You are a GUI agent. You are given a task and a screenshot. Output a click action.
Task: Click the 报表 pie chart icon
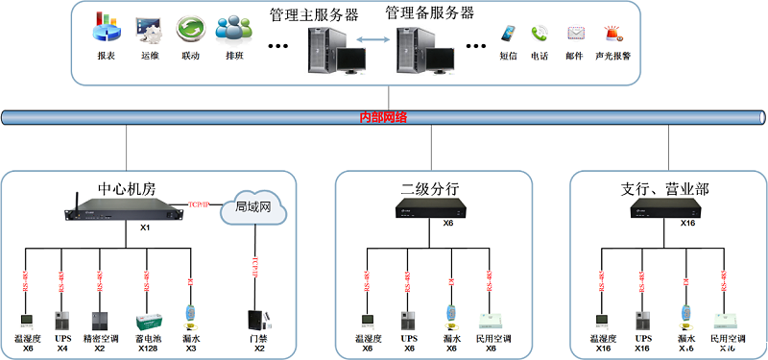[x=107, y=29]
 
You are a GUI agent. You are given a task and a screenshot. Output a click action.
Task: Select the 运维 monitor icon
[x=149, y=29]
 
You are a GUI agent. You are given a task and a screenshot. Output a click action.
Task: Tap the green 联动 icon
[x=190, y=29]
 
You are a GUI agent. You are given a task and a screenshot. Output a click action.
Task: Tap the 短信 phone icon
[x=508, y=34]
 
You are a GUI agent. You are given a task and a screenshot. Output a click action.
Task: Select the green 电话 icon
[x=540, y=34]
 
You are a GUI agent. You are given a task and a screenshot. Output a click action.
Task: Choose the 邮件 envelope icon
[x=575, y=34]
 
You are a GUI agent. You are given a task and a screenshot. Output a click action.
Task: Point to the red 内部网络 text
[x=383, y=117]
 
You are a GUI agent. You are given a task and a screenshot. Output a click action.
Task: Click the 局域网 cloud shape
[x=253, y=206]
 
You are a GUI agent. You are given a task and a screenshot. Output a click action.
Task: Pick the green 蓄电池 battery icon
[x=148, y=321]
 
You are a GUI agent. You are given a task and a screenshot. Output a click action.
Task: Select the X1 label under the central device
[x=146, y=228]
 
